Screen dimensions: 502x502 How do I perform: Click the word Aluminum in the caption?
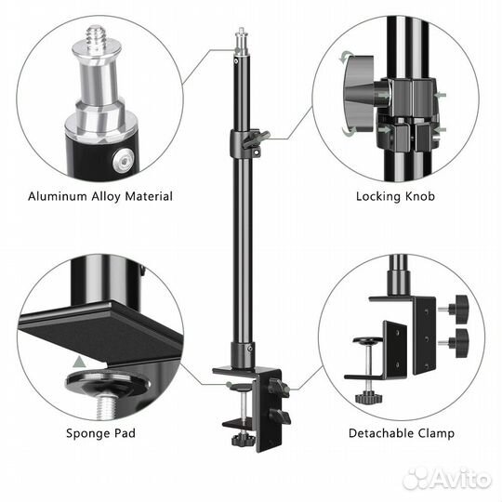(58, 196)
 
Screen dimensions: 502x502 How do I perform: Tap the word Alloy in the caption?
(105, 197)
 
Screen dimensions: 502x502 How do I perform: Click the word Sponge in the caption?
(84, 434)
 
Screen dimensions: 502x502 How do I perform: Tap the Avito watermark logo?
(447, 479)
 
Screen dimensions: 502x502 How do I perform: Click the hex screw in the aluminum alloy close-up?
(124, 159)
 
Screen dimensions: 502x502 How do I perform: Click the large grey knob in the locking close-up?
(359, 94)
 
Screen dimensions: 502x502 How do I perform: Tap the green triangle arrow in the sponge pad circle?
(79, 363)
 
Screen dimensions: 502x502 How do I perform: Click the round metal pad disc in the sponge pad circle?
(108, 383)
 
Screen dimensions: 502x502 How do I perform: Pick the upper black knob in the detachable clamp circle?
(454, 309)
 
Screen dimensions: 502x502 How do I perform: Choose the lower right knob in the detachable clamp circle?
(454, 342)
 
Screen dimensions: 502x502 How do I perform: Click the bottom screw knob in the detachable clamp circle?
(368, 397)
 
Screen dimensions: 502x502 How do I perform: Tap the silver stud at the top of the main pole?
(242, 42)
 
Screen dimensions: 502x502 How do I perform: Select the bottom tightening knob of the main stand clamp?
(244, 439)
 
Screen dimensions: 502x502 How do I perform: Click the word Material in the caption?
(149, 196)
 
